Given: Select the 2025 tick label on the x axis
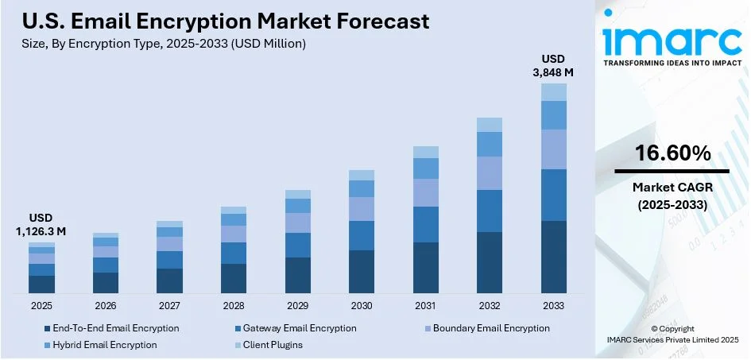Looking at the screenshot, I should click(41, 306).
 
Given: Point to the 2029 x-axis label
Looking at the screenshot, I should click(297, 306).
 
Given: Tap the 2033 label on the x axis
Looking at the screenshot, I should click(553, 306).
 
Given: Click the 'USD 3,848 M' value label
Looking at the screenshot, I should click(554, 65).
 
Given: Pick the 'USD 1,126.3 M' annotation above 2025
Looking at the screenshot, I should click(41, 224).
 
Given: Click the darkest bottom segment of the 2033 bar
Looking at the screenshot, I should click(554, 257).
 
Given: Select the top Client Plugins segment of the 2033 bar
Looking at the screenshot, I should click(554, 91).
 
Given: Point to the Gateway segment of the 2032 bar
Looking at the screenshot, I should click(490, 211).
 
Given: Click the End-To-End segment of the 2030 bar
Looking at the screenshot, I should click(362, 272).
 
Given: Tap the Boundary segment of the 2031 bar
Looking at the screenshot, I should click(426, 192).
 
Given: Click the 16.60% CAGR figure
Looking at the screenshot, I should click(672, 154).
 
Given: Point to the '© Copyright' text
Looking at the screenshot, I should click(672, 328).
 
